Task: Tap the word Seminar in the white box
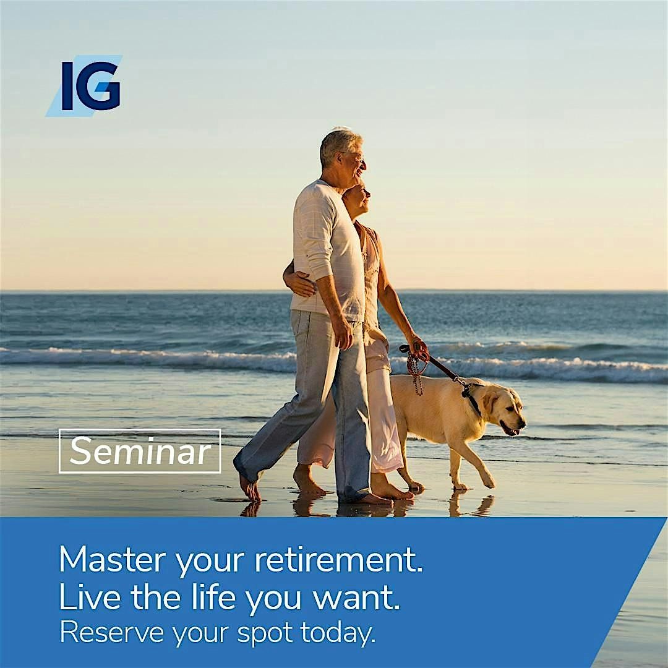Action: coord(140,451)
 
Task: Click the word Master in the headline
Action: coord(111,559)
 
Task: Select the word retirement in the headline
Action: coord(339,559)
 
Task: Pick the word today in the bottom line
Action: coord(338,633)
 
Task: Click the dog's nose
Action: coord(521,424)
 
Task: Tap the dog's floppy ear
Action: coord(490,402)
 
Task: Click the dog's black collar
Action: coord(472,397)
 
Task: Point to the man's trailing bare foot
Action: coord(250,488)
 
